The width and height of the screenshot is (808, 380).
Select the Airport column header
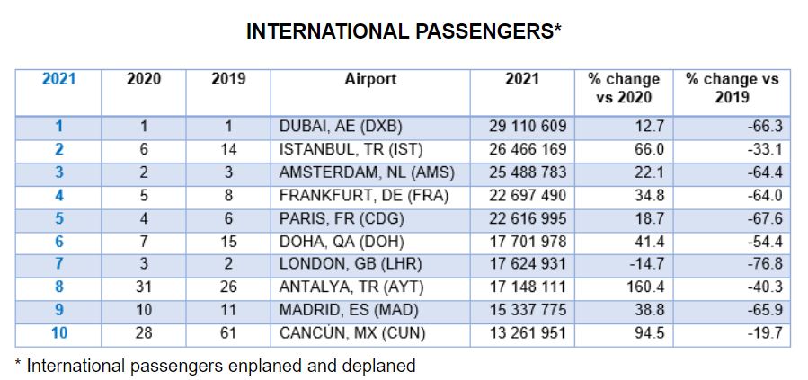point(370,79)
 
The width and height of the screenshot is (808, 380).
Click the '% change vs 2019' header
point(732,88)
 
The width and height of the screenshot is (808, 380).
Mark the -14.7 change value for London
point(644,265)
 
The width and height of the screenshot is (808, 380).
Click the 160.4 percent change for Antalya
point(642,288)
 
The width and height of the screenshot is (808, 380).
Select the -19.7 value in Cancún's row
point(766,334)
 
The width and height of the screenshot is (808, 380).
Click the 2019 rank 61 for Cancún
point(228,334)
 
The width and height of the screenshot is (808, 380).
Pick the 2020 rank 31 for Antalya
point(144,288)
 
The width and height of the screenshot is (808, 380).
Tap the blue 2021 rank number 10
point(58,334)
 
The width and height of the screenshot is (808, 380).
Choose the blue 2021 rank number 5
point(58,219)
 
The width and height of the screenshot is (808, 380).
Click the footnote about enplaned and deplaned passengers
point(215,366)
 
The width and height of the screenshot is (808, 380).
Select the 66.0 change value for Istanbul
point(646,150)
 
